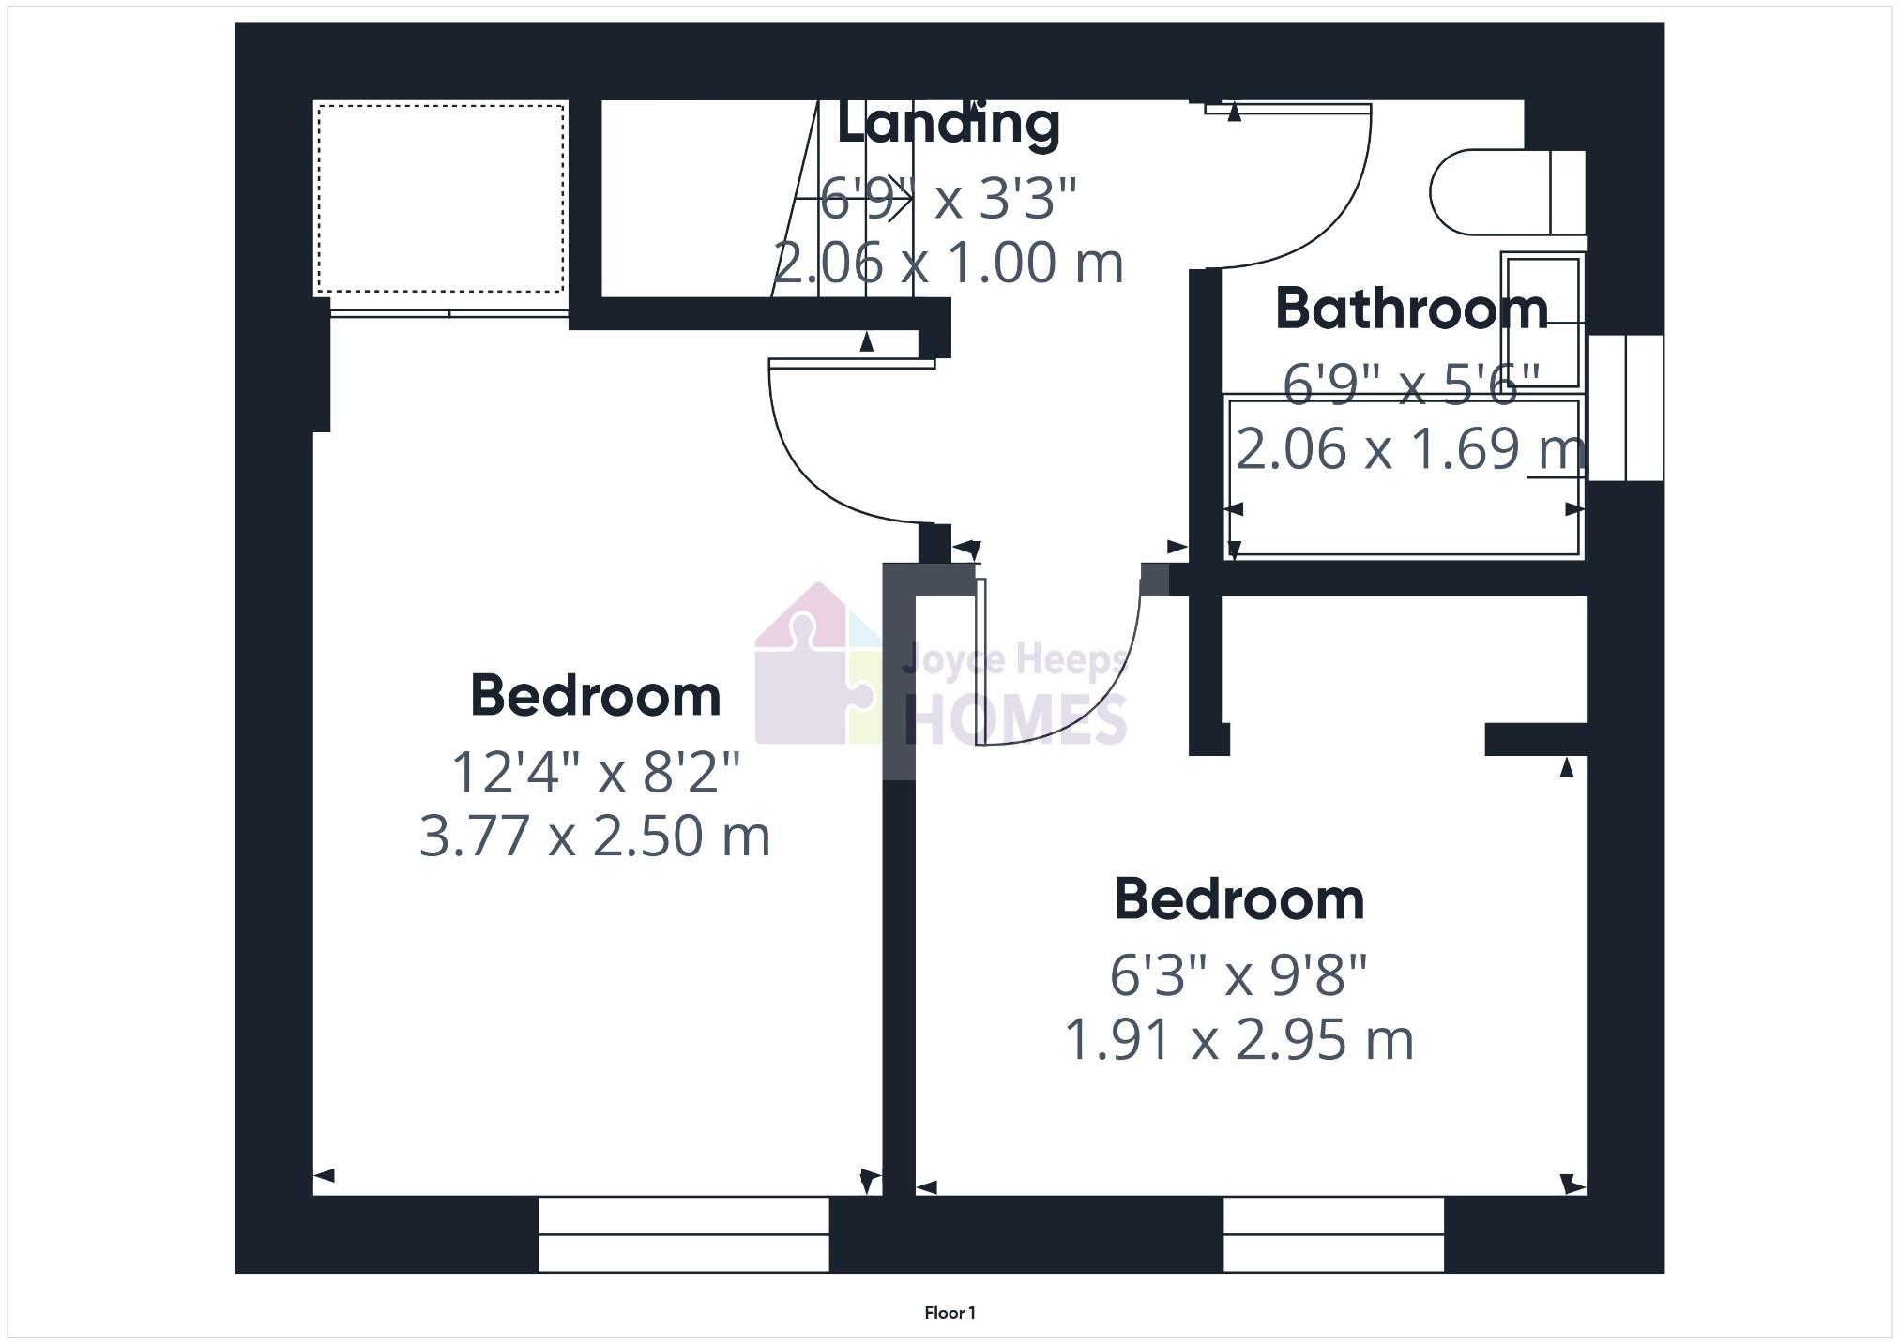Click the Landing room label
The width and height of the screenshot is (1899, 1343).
[948, 125]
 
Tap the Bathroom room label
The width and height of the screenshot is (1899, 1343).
[1411, 309]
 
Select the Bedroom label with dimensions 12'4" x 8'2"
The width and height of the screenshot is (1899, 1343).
[595, 696]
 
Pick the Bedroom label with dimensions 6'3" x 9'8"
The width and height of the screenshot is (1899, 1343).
[1238, 899]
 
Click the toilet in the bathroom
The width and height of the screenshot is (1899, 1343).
[1501, 192]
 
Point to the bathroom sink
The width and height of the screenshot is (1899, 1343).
[1542, 321]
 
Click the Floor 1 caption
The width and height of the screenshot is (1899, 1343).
[949, 1313]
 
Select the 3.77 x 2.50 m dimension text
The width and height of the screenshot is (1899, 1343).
[595, 836]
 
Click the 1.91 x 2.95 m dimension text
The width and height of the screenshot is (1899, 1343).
[1238, 1039]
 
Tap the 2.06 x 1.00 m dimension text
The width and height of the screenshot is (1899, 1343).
[948, 263]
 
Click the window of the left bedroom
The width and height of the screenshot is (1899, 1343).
[683, 1234]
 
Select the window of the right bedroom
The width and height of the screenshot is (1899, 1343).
[1333, 1234]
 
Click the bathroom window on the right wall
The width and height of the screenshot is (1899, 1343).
[1625, 408]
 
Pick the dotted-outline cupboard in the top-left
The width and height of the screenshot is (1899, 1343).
[441, 198]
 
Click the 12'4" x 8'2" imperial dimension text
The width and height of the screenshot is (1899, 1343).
[595, 773]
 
